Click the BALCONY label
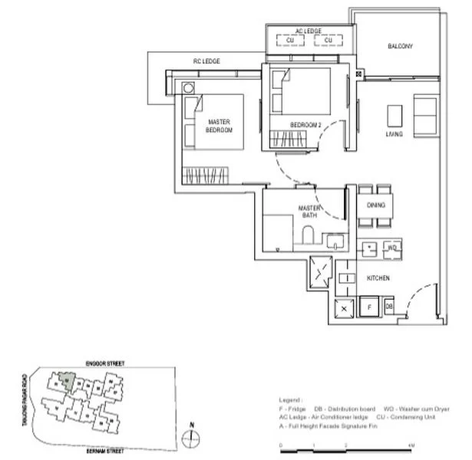(x=400, y=47)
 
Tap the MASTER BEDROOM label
(x=219, y=127)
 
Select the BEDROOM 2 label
(x=305, y=125)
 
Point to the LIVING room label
(x=394, y=134)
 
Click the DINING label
(x=376, y=205)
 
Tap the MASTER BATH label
(x=309, y=212)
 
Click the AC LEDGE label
(x=309, y=31)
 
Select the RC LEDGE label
(x=206, y=61)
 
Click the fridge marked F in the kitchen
(x=370, y=307)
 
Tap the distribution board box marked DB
(x=389, y=307)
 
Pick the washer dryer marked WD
(x=391, y=248)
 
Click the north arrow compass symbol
(x=192, y=438)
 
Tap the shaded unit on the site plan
(x=68, y=378)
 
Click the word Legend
(x=290, y=400)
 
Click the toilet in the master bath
(x=308, y=237)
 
